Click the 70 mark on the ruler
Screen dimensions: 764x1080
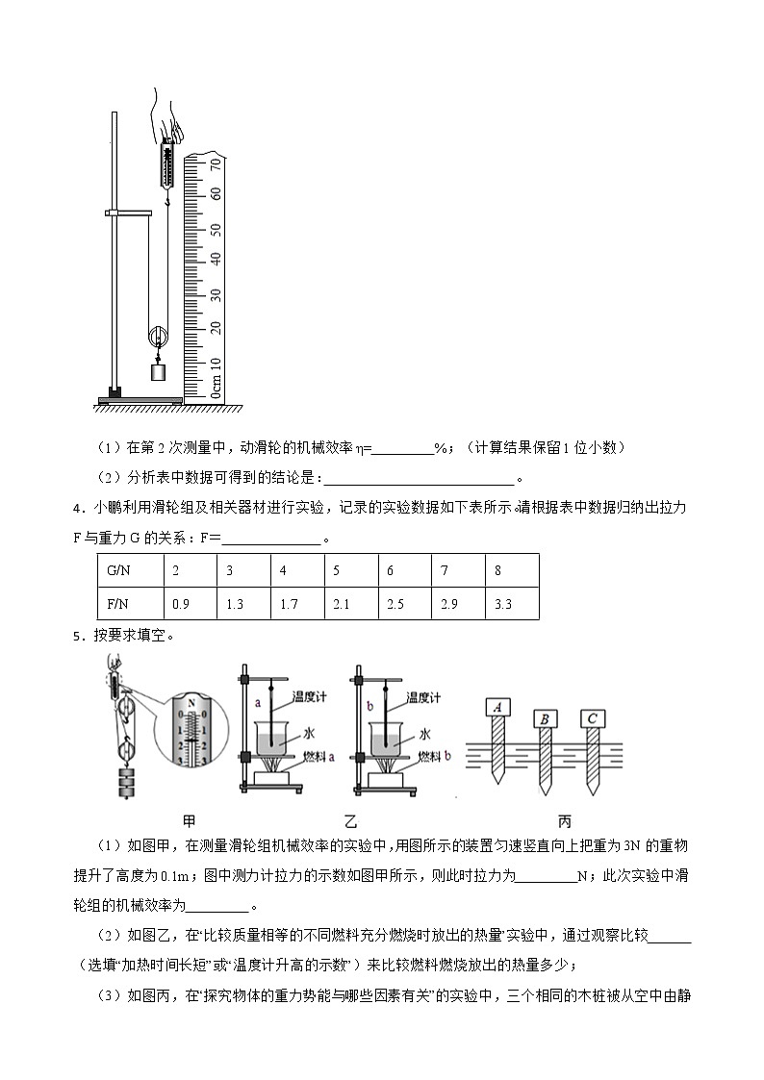tap(216, 165)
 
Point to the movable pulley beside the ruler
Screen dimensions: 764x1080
tap(156, 337)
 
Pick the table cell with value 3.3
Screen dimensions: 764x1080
tap(502, 604)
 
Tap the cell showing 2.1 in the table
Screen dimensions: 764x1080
tap(341, 604)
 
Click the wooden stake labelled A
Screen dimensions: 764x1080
tap(498, 709)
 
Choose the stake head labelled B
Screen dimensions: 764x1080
tap(546, 717)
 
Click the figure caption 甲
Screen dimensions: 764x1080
tap(189, 821)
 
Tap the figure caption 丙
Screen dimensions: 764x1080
tap(564, 821)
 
